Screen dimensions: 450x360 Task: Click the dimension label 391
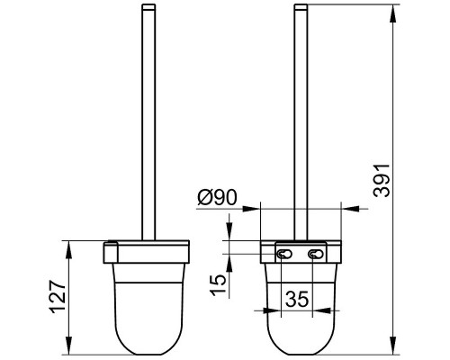tap(382, 180)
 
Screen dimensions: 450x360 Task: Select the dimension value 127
tap(58, 297)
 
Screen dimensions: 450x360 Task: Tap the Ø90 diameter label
tap(217, 197)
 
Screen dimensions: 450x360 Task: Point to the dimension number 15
tap(218, 284)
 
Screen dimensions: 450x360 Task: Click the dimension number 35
tap(297, 299)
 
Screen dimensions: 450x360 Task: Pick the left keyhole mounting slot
tap(283, 255)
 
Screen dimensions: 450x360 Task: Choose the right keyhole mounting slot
tap(316, 255)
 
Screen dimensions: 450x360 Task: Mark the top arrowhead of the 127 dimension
tap(69, 249)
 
